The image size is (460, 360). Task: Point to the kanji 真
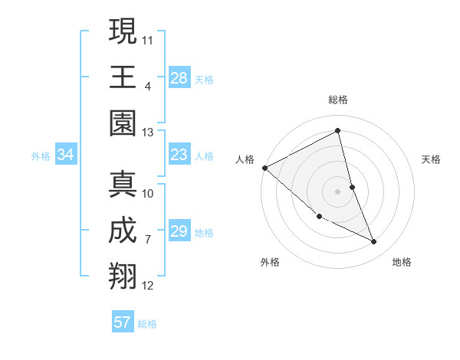[x=123, y=185]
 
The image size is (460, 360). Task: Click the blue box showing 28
[x=179, y=77]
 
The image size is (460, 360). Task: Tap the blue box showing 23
[x=179, y=155]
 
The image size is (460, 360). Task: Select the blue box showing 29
[x=179, y=231]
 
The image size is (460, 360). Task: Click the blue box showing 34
[x=66, y=155]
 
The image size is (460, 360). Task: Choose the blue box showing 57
[x=123, y=322]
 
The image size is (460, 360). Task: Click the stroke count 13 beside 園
[x=147, y=133]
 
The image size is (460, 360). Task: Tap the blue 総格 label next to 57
[x=147, y=324]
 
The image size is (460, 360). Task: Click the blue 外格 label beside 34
[x=41, y=156]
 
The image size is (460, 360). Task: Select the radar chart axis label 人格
[x=245, y=159]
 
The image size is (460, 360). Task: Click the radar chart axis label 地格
[x=402, y=262]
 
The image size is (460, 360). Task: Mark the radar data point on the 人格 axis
[x=264, y=168]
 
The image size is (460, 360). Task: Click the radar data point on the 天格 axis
[x=352, y=187]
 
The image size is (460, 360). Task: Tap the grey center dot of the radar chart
[x=337, y=191]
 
